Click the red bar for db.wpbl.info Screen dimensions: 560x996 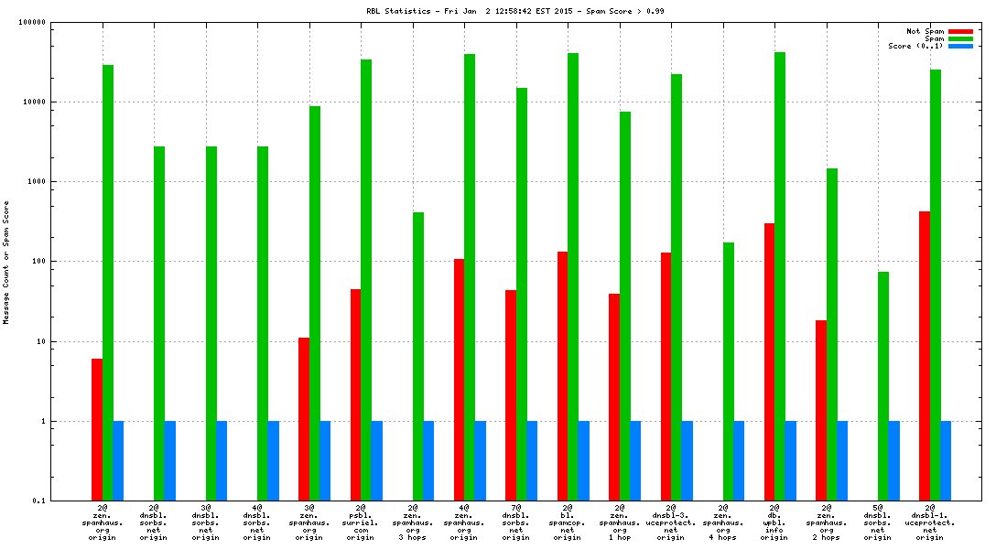(x=770, y=361)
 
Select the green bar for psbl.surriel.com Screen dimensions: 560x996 (x=366, y=280)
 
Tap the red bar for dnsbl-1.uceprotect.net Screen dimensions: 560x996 (x=925, y=356)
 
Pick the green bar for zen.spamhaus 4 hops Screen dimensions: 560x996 (x=729, y=372)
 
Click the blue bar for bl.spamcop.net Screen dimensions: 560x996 (x=584, y=461)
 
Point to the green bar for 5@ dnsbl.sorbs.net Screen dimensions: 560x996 (x=883, y=386)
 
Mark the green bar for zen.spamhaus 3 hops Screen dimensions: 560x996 (x=418, y=357)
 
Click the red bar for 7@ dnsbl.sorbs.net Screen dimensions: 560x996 (x=511, y=395)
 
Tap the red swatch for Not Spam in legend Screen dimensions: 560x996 (x=960, y=31)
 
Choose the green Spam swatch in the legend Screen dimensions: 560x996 (x=960, y=38)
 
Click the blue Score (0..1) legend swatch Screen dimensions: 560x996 (x=960, y=46)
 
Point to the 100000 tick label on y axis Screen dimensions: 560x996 (x=31, y=22)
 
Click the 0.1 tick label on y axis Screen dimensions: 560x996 (x=38, y=501)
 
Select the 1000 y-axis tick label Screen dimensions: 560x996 (x=35, y=181)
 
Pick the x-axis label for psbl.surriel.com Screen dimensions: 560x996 (x=361, y=522)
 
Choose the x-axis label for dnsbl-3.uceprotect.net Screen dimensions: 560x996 (x=671, y=522)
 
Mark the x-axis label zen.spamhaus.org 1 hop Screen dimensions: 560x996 (x=620, y=522)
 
